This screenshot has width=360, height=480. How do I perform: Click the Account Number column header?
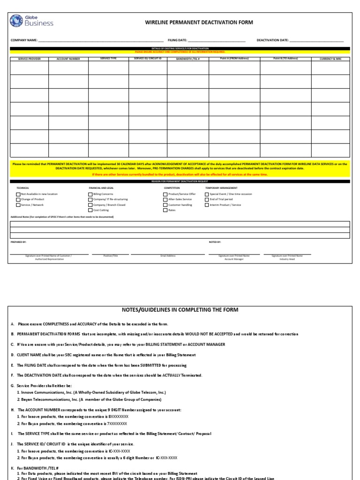pyautogui.click(x=68, y=59)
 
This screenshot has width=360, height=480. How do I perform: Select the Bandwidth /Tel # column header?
pyautogui.click(x=188, y=59)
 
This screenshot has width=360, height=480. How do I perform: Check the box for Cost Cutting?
pyautogui.click(x=90, y=210)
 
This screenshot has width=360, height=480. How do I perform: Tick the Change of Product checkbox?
pyautogui.click(x=18, y=199)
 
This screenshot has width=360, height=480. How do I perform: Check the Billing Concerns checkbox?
pyautogui.click(x=90, y=194)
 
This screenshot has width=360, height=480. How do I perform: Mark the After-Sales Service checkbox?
pyautogui.click(x=165, y=199)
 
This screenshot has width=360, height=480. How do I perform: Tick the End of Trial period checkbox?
pyautogui.click(x=207, y=199)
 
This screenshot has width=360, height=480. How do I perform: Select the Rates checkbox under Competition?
pyautogui.click(x=165, y=210)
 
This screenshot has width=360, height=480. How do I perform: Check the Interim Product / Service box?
pyautogui.click(x=207, y=205)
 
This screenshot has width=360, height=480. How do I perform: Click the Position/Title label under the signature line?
pyautogui.click(x=110, y=256)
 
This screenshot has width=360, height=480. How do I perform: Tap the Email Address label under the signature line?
pyautogui.click(x=168, y=256)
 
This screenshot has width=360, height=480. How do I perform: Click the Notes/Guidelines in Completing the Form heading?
pyautogui.click(x=180, y=310)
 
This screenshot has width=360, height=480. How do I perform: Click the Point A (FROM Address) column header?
pyautogui.click(x=234, y=59)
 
